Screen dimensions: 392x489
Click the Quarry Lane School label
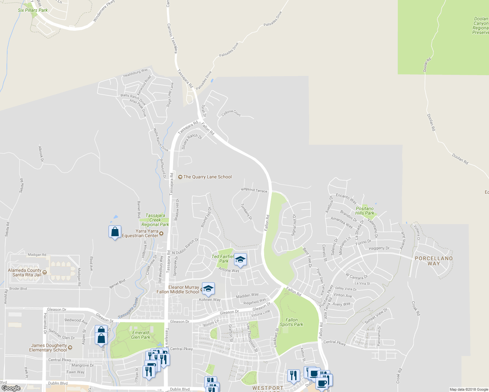click(207, 177)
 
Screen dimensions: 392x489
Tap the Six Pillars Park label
click(33, 10)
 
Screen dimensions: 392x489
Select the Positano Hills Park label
click(364, 211)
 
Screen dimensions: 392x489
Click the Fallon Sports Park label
click(291, 322)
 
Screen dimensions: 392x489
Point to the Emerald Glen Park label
click(141, 335)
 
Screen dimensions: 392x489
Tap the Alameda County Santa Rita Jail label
click(25, 272)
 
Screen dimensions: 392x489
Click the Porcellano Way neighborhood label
click(433, 261)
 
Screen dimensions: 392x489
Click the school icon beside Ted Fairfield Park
click(240, 260)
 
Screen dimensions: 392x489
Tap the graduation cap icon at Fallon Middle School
click(208, 288)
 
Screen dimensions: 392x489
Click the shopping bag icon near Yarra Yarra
click(115, 232)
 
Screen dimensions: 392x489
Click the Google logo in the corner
click(11, 388)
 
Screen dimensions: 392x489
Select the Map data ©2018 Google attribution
click(468, 389)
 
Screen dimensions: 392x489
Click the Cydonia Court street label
click(231, 113)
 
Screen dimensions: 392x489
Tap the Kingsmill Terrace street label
click(254, 190)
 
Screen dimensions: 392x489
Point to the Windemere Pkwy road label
click(104, 11)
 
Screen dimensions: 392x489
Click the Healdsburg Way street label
click(135, 73)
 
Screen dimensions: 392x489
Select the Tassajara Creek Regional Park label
click(155, 220)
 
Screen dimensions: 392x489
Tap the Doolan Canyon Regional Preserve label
click(481, 25)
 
